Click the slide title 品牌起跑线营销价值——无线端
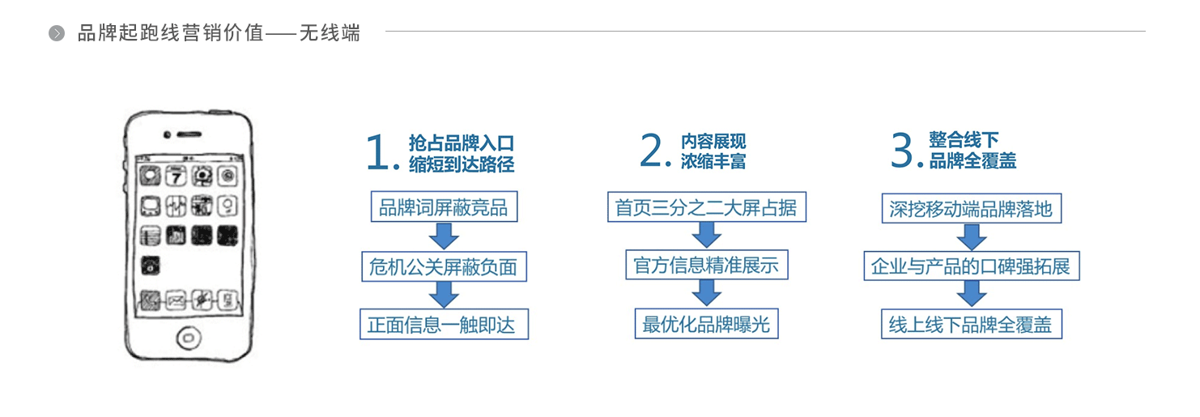tap(219, 33)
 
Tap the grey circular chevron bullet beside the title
tap(57, 33)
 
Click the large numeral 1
tap(377, 153)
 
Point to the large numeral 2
tap(653, 150)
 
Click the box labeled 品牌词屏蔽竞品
tap(444, 206)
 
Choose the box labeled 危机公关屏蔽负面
tap(444, 266)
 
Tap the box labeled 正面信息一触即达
tap(444, 324)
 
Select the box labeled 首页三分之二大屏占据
tap(707, 207)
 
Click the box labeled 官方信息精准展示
tap(707, 264)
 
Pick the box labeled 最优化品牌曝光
tap(707, 323)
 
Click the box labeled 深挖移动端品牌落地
tap(971, 209)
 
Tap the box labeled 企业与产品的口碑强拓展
tap(971, 266)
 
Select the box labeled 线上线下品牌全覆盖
tap(971, 324)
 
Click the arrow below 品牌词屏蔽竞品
tap(444, 236)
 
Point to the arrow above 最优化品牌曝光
tap(707, 293)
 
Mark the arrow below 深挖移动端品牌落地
tap(971, 237)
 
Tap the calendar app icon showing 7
tap(176, 176)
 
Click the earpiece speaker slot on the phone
tap(189, 134)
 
